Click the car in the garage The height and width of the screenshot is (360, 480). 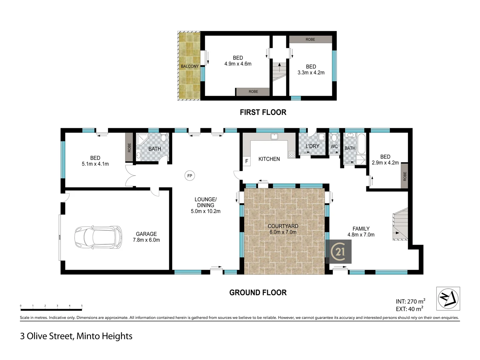98,237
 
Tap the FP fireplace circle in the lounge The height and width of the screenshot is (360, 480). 190,176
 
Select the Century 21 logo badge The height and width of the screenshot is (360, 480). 340,251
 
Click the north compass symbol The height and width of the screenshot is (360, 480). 448,298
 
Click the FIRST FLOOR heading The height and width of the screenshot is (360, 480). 263,112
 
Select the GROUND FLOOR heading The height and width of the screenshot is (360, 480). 258,293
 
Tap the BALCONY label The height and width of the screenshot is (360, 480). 190,66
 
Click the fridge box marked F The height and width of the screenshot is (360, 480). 247,161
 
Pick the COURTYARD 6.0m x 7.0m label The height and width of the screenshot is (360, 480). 283,229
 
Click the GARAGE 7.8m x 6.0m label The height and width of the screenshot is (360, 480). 146,237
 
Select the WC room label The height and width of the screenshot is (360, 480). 334,146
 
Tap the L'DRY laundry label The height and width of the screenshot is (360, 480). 312,146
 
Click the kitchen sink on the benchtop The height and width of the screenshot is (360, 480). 274,136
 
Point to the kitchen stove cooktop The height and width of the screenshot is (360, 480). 292,154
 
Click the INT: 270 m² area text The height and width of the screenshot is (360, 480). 410,301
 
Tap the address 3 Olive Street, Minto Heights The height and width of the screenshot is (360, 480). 76,336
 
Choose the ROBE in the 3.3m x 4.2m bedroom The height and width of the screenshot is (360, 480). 310,39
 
